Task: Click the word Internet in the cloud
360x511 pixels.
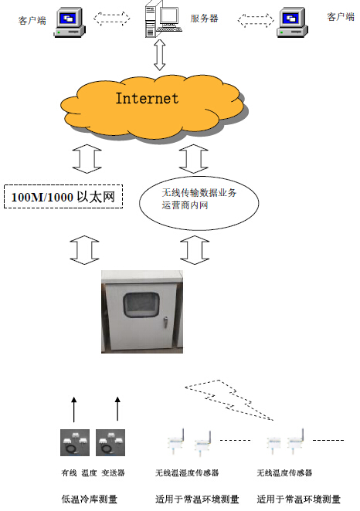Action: click(147, 98)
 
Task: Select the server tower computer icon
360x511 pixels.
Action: click(163, 19)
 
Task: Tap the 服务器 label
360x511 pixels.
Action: click(204, 19)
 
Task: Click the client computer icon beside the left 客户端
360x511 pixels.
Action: click(70, 22)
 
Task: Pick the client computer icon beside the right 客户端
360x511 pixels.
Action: click(292, 22)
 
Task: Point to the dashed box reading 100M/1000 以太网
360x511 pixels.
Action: click(63, 197)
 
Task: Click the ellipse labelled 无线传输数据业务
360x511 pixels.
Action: click(199, 203)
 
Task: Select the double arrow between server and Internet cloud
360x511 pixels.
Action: click(159, 55)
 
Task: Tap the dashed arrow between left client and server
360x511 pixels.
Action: click(112, 19)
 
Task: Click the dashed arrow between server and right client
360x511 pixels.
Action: click(256, 20)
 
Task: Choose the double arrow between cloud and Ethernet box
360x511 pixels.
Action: click(87, 159)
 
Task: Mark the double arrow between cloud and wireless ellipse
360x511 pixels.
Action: click(194, 159)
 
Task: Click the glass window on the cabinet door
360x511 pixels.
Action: click(141, 304)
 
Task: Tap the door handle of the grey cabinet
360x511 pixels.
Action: click(165, 322)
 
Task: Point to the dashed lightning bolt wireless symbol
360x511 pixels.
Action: click(229, 400)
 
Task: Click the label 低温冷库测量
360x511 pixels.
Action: click(90, 499)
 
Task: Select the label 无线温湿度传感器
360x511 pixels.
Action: click(187, 472)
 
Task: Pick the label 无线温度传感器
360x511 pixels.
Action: click(284, 472)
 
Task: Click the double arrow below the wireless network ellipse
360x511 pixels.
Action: click(195, 250)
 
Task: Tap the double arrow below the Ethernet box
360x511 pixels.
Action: click(84, 250)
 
